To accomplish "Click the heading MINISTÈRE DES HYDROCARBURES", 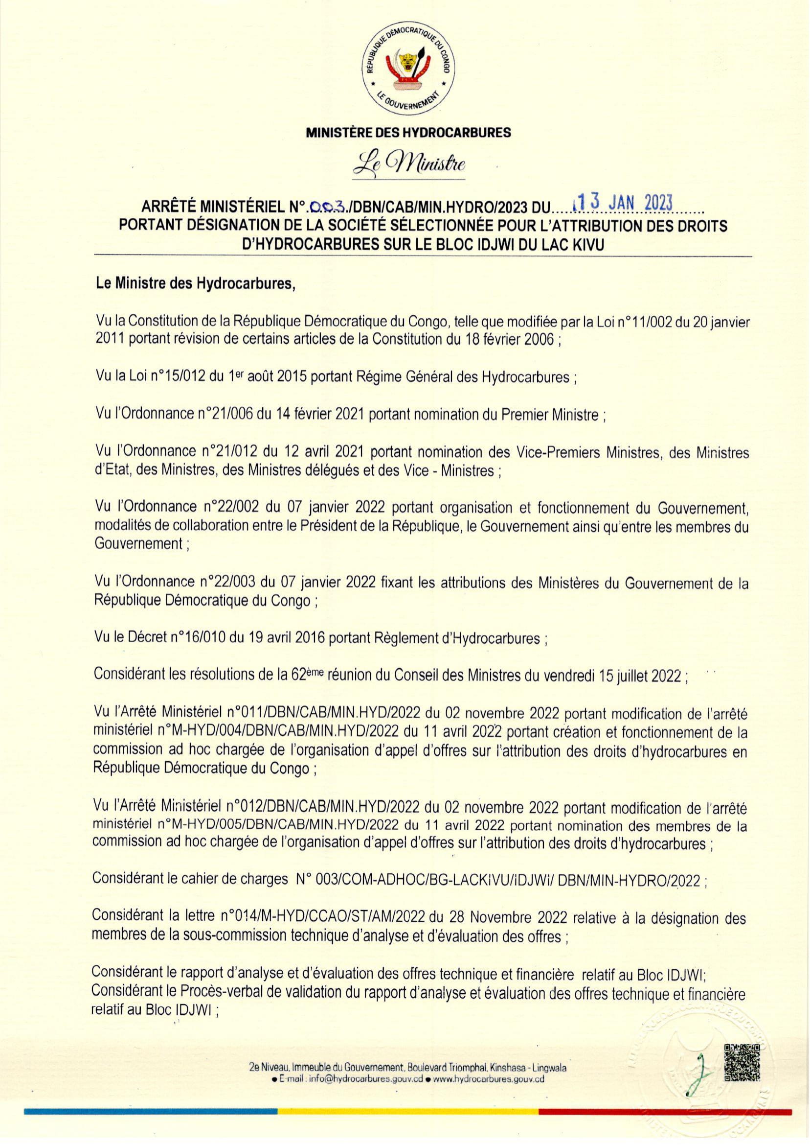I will click(x=408, y=132).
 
